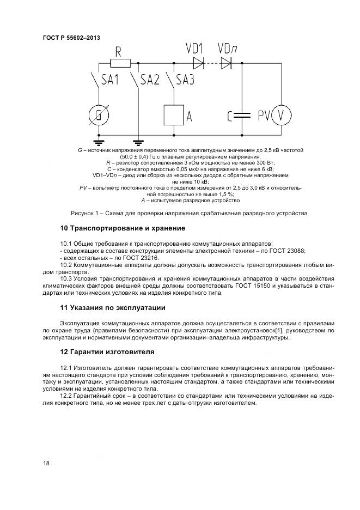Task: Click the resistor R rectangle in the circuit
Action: tap(120, 64)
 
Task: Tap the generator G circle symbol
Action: tap(99, 115)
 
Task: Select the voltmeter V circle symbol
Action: tap(282, 115)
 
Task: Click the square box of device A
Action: tap(174, 115)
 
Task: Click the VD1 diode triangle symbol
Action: tap(198, 63)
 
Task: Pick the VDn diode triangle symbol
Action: tap(225, 63)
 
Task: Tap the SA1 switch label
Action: tap(110, 80)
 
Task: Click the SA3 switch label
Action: tap(185, 80)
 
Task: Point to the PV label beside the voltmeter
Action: tap(264, 116)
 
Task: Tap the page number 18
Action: tap(46, 463)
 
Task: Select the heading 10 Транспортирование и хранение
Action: tap(123, 228)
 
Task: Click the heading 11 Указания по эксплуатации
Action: tap(113, 308)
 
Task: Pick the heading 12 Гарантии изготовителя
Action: tap(107, 351)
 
